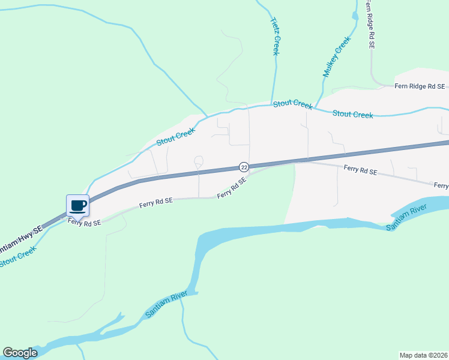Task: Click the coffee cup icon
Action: tap(77, 206)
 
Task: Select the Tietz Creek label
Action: tap(276, 37)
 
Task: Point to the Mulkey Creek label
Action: tap(336, 57)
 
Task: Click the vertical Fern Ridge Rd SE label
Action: tap(372, 25)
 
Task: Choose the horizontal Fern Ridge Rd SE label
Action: tap(420, 86)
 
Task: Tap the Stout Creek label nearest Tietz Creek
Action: tap(293, 104)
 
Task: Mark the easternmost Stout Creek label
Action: tap(352, 114)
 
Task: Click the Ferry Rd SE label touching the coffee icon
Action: tap(84, 222)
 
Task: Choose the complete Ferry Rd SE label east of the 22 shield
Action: tap(360, 171)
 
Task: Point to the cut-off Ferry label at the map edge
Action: tap(441, 186)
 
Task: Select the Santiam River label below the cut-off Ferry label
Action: tap(406, 216)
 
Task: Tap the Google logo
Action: tap(20, 353)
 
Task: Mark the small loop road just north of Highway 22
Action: tap(199, 160)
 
